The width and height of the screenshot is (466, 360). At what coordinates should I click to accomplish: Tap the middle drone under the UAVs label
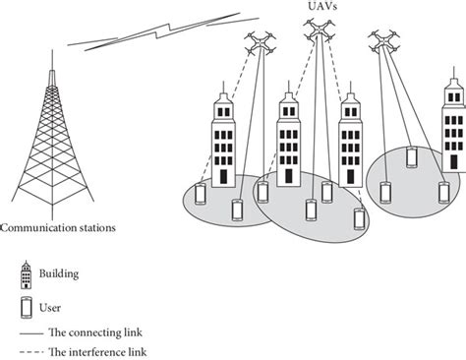tap(318, 34)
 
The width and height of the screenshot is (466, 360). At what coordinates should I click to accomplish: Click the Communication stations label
tap(59, 227)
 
